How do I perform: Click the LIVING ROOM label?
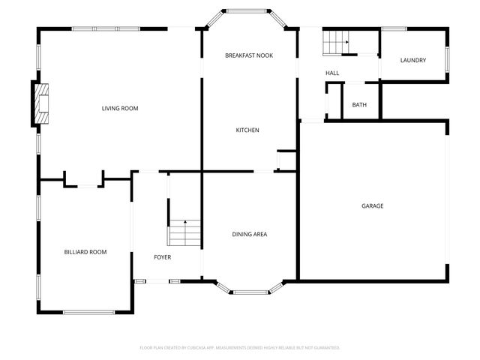click(120, 109)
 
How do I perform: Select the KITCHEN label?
click(247, 130)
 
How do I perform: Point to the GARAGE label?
click(373, 205)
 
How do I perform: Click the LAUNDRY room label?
click(413, 61)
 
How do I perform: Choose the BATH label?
click(359, 104)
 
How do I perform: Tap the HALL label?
click(332, 73)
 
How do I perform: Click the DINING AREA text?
click(248, 235)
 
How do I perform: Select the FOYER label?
click(162, 257)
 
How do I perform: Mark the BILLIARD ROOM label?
click(85, 252)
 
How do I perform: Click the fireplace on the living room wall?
click(41, 103)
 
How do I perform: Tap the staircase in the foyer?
click(184, 233)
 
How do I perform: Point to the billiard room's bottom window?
click(88, 311)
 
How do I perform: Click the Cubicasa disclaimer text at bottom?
click(240, 347)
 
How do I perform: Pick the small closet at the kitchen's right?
click(286, 160)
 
